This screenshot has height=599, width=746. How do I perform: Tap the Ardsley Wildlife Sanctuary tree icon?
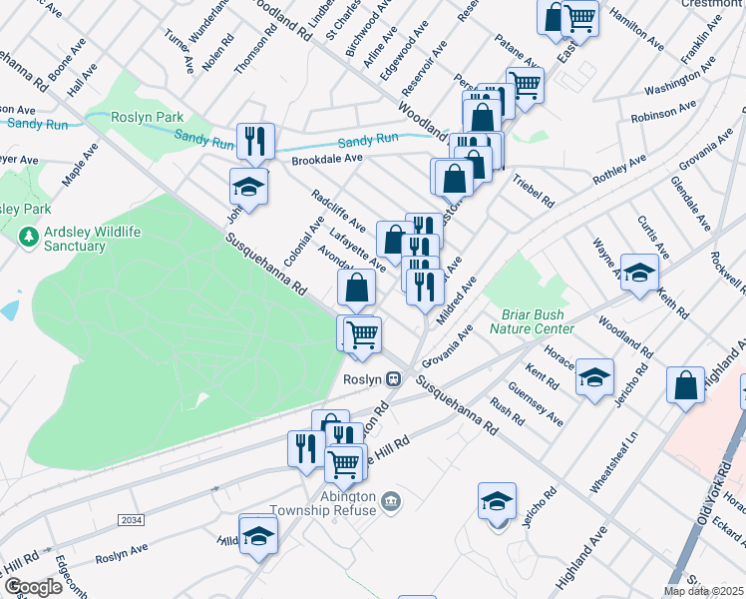[x=29, y=238]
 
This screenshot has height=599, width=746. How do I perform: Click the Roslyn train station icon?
[x=395, y=379]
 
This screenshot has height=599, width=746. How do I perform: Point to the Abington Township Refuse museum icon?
[x=391, y=500]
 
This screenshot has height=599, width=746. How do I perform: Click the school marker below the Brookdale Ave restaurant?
[x=249, y=186]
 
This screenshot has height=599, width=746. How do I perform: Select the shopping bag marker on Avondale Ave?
[x=356, y=289]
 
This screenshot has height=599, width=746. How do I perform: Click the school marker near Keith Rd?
[x=639, y=272]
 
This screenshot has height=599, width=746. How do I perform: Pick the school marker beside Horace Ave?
[x=595, y=376]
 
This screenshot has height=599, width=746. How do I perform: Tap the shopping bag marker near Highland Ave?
[x=686, y=386]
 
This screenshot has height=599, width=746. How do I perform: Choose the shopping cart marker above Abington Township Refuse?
[x=344, y=462]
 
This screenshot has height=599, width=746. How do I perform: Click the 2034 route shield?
[x=131, y=520]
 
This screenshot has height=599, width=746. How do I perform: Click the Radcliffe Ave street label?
[x=333, y=210]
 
